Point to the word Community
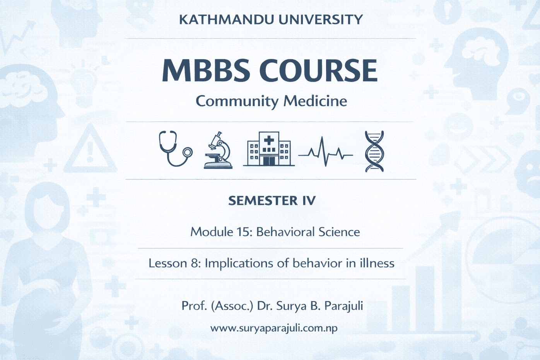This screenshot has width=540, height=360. point(237,101)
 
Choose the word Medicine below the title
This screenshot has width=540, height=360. point(315,101)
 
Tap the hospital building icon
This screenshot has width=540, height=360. point(269,149)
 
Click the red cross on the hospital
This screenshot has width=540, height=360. point(269,140)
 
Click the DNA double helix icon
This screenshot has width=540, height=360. point(374,151)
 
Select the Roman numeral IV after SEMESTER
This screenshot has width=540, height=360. point(309,201)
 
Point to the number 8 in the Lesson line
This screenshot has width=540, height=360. point(194,263)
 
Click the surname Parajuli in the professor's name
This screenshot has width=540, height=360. point(343,306)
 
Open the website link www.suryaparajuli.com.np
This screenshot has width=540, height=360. point(274,328)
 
